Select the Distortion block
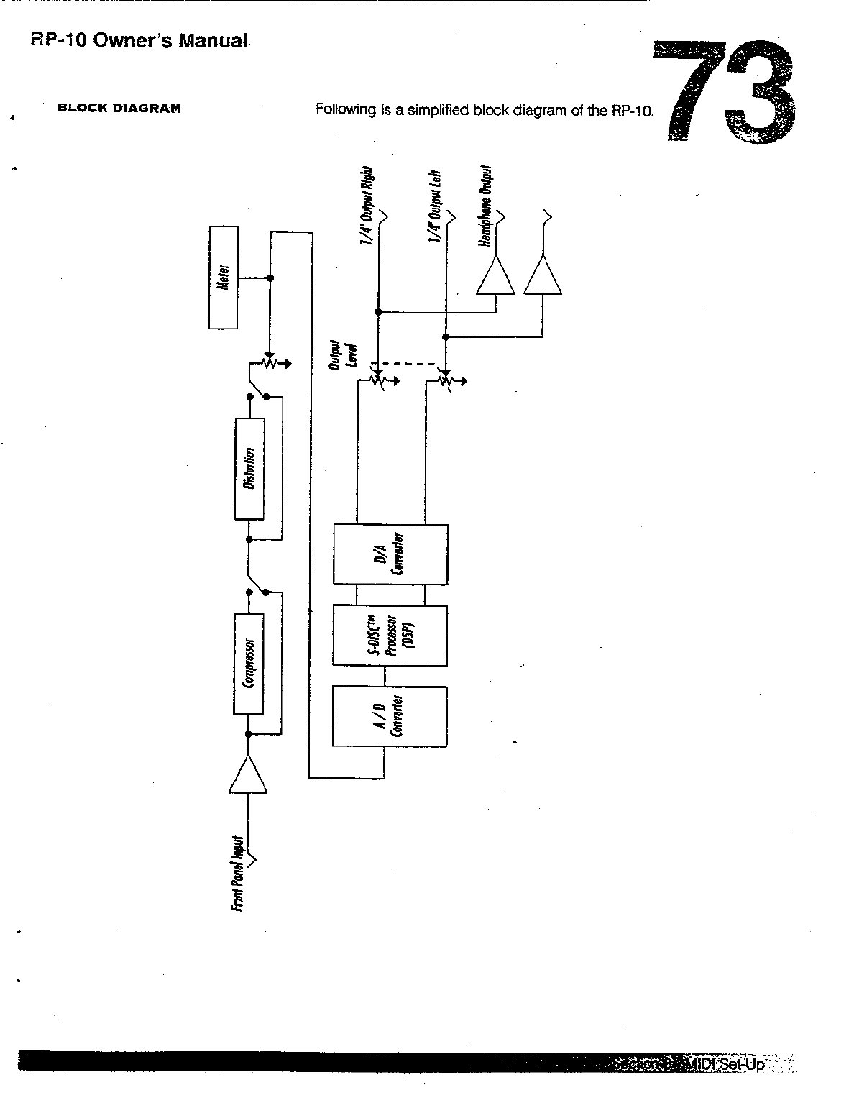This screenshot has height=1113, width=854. click(249, 468)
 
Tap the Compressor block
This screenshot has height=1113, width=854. click(249, 663)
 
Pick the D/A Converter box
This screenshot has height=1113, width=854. click(390, 554)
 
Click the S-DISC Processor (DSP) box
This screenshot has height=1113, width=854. click(390, 635)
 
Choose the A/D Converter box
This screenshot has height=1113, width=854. click(390, 715)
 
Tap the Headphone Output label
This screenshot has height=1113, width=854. click(487, 207)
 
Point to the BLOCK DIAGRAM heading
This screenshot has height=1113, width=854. click(119, 109)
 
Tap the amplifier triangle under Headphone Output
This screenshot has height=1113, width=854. click(495, 277)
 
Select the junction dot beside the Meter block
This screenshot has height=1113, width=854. click(270, 278)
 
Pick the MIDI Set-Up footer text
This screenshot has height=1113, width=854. click(726, 1063)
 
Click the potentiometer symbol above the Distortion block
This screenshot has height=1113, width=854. click(270, 364)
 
